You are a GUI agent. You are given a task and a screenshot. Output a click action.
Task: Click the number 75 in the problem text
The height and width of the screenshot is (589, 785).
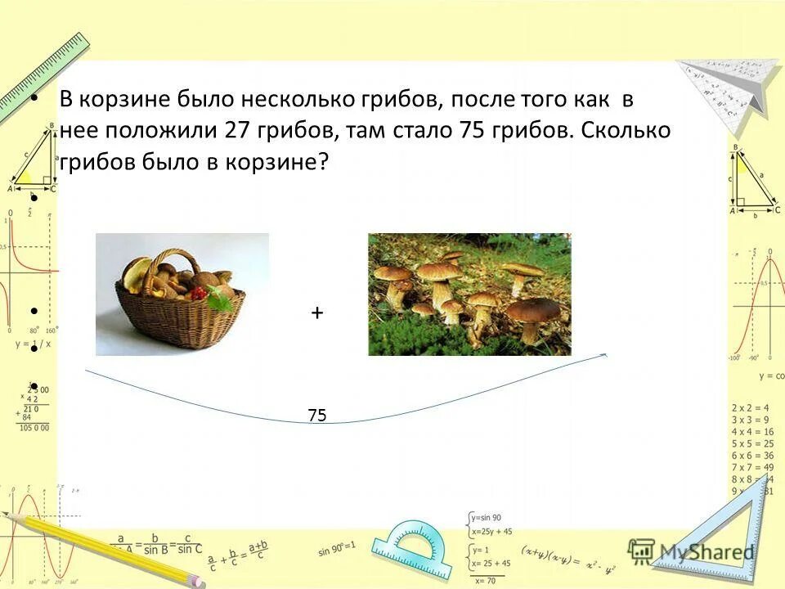coord(472,131)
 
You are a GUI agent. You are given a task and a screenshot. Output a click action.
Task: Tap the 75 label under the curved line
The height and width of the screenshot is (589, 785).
coord(317,416)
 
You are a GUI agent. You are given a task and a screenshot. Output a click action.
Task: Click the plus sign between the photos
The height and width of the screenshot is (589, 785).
coord(316,312)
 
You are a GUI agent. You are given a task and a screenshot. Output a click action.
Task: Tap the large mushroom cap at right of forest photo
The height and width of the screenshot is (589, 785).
coord(533,309)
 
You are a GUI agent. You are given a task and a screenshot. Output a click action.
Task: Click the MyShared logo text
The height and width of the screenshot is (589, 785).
coord(707,552)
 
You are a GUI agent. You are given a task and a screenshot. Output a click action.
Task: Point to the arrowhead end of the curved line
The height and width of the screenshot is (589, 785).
coord(604,355)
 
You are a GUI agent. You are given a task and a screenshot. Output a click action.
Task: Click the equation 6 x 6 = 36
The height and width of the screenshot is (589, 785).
coord(751,456)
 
